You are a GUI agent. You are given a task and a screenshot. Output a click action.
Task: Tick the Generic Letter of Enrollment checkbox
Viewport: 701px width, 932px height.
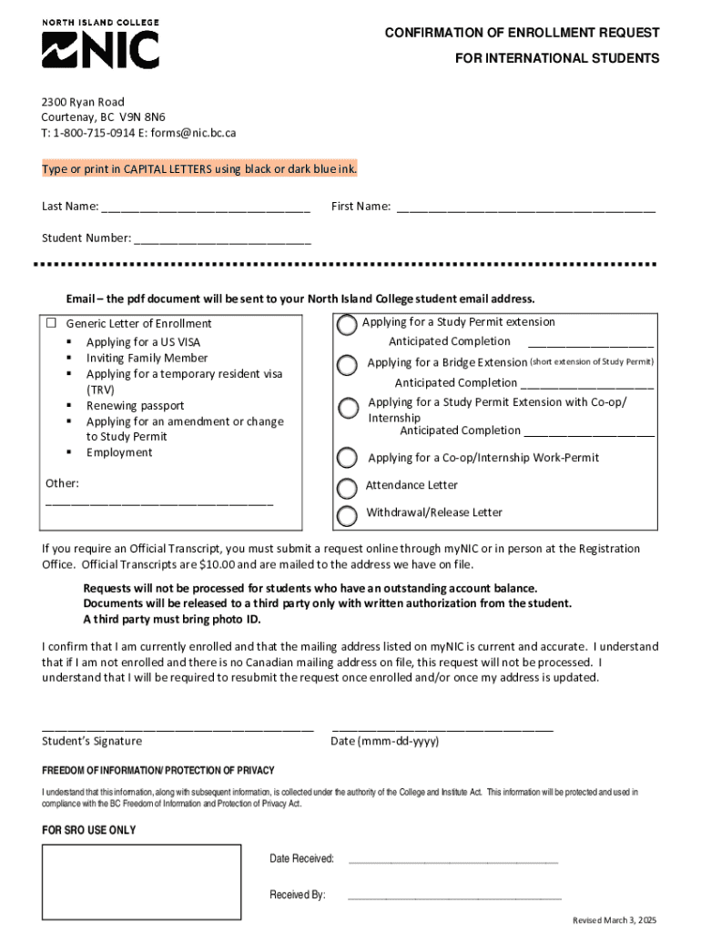click(52, 323)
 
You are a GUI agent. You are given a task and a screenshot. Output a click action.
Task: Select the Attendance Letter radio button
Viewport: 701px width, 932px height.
click(347, 488)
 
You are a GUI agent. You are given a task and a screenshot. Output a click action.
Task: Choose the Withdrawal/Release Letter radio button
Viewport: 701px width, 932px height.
click(347, 516)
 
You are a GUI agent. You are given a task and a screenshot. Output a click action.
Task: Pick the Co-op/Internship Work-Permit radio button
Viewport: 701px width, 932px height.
click(347, 458)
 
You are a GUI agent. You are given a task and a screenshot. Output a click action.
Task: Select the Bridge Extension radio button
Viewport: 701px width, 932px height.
click(347, 365)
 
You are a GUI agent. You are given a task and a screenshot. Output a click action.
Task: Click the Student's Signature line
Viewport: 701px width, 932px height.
click(178, 728)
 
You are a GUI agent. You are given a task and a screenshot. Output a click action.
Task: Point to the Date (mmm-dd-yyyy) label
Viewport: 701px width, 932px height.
click(384, 742)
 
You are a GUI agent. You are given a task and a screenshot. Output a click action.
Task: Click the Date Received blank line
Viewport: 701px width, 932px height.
click(453, 859)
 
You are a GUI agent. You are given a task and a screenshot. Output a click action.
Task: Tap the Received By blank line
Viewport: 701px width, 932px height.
click(454, 896)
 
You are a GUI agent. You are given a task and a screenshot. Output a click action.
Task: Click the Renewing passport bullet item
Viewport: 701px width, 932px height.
click(135, 406)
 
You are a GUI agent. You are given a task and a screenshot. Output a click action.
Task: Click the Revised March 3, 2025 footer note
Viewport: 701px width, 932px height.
click(614, 920)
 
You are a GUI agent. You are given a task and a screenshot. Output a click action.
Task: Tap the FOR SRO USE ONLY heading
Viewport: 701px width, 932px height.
click(89, 831)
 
